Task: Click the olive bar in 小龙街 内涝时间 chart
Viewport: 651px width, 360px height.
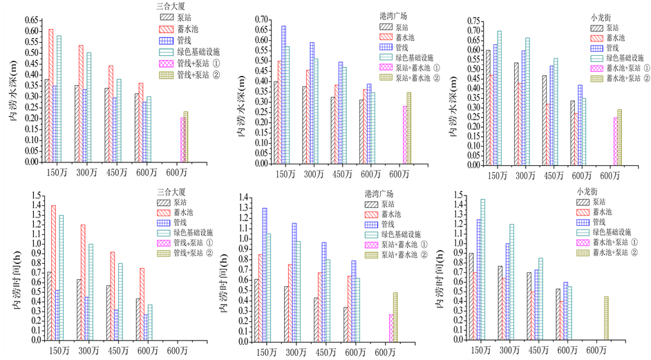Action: click(x=605, y=318)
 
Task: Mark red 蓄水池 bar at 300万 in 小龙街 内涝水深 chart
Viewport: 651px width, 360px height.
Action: click(x=509, y=124)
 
